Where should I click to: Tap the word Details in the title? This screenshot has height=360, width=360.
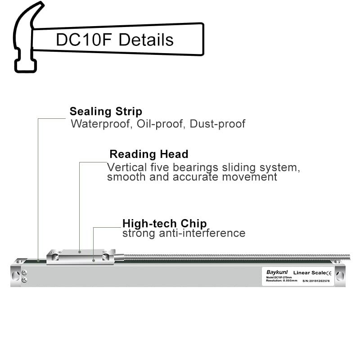pyautogui.click(x=145, y=40)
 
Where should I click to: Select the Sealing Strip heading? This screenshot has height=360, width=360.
pyautogui.click(x=106, y=112)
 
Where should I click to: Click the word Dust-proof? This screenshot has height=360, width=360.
pyautogui.click(x=217, y=124)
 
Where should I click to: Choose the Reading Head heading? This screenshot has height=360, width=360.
pyautogui.click(x=149, y=154)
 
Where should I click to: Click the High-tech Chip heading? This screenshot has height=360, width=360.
pyautogui.click(x=165, y=224)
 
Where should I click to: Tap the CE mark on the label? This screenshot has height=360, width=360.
pyautogui.click(x=328, y=273)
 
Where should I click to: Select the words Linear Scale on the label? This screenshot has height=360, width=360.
pyautogui.click(x=309, y=273)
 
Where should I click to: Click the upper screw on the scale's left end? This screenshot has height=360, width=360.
pyautogui.click(x=24, y=273)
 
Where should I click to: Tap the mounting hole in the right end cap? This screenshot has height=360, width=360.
pyautogui.click(x=338, y=274)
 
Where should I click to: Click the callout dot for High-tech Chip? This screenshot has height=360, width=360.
pyautogui.click(x=94, y=260)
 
